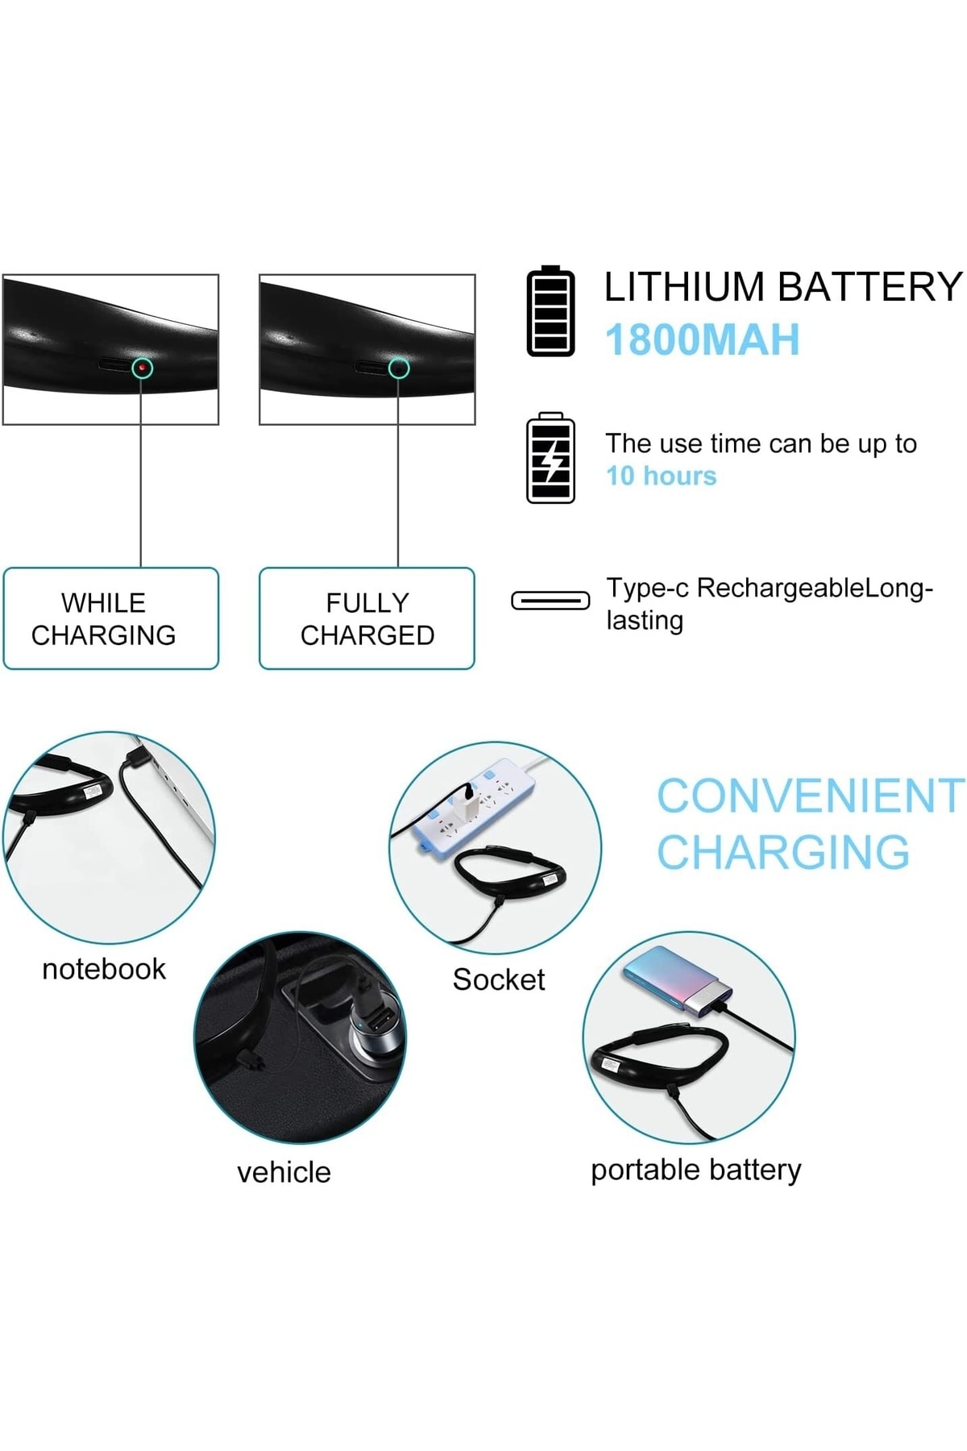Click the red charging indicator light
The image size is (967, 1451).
click(x=143, y=368)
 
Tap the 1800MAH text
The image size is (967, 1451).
click(x=702, y=339)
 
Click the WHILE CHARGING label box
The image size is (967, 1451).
click(x=111, y=618)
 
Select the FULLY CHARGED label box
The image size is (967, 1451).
click(x=367, y=618)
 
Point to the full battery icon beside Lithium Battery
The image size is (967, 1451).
click(x=550, y=311)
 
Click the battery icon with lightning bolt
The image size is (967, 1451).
click(x=550, y=458)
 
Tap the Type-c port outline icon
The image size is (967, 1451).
click(x=550, y=601)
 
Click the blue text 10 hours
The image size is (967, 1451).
click(x=661, y=476)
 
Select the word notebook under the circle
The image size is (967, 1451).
click(x=104, y=969)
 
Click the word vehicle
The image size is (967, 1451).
click(x=284, y=1172)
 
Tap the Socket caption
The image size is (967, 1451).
click(x=498, y=979)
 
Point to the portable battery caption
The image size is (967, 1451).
click(x=695, y=1170)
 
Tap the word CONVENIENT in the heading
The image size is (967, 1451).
click(x=810, y=796)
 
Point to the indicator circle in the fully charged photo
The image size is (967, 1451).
click(x=399, y=368)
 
